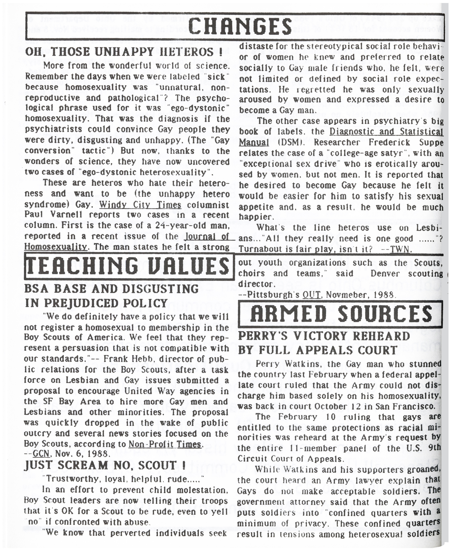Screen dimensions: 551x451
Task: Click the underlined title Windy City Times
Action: pyautogui.click(x=140, y=205)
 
